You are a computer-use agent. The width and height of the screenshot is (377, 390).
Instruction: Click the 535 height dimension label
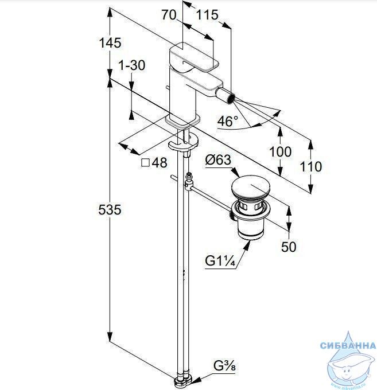click(110, 209)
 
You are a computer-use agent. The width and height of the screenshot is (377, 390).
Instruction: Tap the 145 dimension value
click(110, 42)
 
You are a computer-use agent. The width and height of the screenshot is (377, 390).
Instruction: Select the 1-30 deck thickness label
click(131, 65)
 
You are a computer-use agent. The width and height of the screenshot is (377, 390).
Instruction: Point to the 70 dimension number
click(169, 15)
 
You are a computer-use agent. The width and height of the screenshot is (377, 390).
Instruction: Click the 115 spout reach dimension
click(207, 15)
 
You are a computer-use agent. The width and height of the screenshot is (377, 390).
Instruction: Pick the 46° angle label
click(228, 121)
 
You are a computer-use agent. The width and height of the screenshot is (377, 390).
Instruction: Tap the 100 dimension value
click(280, 151)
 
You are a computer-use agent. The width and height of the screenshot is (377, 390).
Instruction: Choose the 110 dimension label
click(311, 166)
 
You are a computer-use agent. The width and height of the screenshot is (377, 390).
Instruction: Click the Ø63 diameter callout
click(218, 159)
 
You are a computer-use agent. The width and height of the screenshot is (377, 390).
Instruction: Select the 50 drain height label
click(289, 247)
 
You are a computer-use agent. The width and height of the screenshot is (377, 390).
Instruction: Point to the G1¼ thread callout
click(220, 261)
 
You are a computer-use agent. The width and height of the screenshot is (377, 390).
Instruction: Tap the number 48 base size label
click(160, 163)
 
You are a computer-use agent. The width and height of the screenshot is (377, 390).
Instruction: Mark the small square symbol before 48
click(145, 163)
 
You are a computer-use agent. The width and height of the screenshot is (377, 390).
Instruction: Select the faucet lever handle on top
click(194, 58)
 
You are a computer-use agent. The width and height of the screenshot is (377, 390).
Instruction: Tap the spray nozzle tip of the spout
click(232, 97)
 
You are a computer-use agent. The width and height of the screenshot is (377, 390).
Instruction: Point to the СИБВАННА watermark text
click(348, 345)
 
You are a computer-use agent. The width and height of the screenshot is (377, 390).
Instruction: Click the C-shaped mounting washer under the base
click(183, 145)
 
